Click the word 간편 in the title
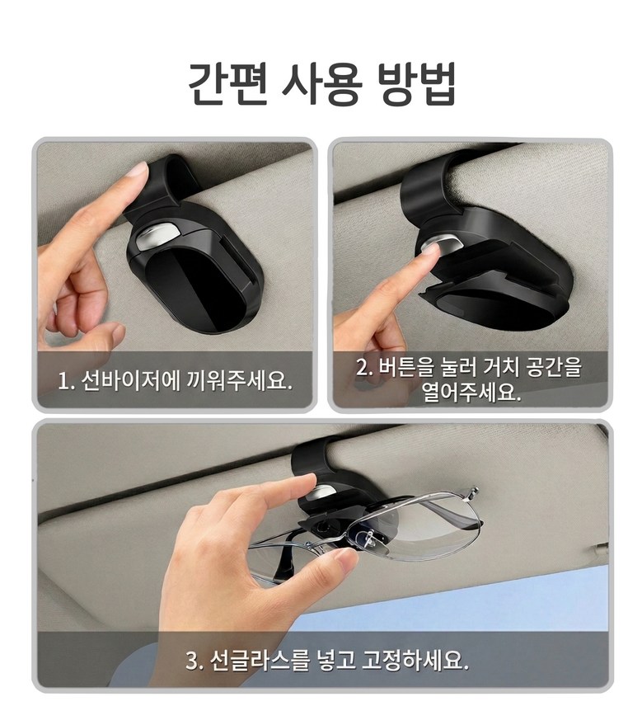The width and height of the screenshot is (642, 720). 227,84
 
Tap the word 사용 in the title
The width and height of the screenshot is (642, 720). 321,84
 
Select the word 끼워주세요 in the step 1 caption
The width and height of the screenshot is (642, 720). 240,381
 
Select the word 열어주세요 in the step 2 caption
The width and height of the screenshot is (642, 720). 472,392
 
